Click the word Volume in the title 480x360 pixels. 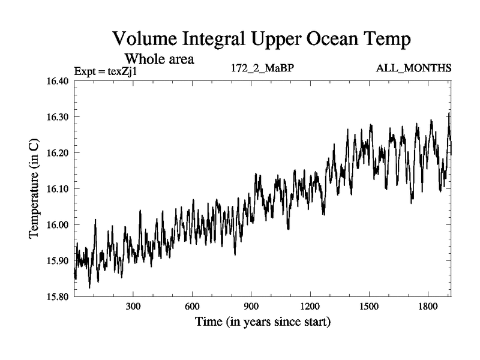pyautogui.click(x=146, y=40)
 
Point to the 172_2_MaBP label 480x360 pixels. pyautogui.click(x=262, y=68)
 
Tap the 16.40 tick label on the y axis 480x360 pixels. pyautogui.click(x=58, y=81)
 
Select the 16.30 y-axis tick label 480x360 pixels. pyautogui.click(x=58, y=117)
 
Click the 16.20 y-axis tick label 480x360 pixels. pyautogui.click(x=58, y=153)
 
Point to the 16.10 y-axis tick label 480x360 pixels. pyautogui.click(x=58, y=189)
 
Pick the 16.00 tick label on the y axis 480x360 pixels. pyautogui.click(x=58, y=225)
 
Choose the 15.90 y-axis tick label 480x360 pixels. pyautogui.click(x=58, y=261)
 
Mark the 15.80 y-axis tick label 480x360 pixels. pyautogui.click(x=58, y=296)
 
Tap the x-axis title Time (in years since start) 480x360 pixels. pyautogui.click(x=263, y=322)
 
